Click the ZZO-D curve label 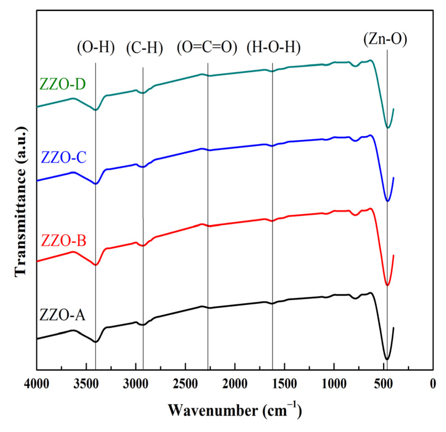point(62,84)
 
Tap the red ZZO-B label point(64,240)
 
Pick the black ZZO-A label point(62,314)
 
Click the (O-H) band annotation point(96,47)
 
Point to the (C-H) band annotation point(145,48)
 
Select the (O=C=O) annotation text point(207,47)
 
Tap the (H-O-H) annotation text point(273,47)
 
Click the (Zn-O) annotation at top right point(385,39)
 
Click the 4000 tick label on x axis point(36,384)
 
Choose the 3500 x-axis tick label point(86,384)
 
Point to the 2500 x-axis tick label point(185,384)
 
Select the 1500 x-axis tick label point(284,384)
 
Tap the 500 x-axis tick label point(383,384)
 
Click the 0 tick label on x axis point(433,384)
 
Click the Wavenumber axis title point(235,410)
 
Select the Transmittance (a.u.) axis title point(21,201)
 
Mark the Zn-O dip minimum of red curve point(387,285)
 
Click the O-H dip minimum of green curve point(96,110)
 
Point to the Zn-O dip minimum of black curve point(387,359)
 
